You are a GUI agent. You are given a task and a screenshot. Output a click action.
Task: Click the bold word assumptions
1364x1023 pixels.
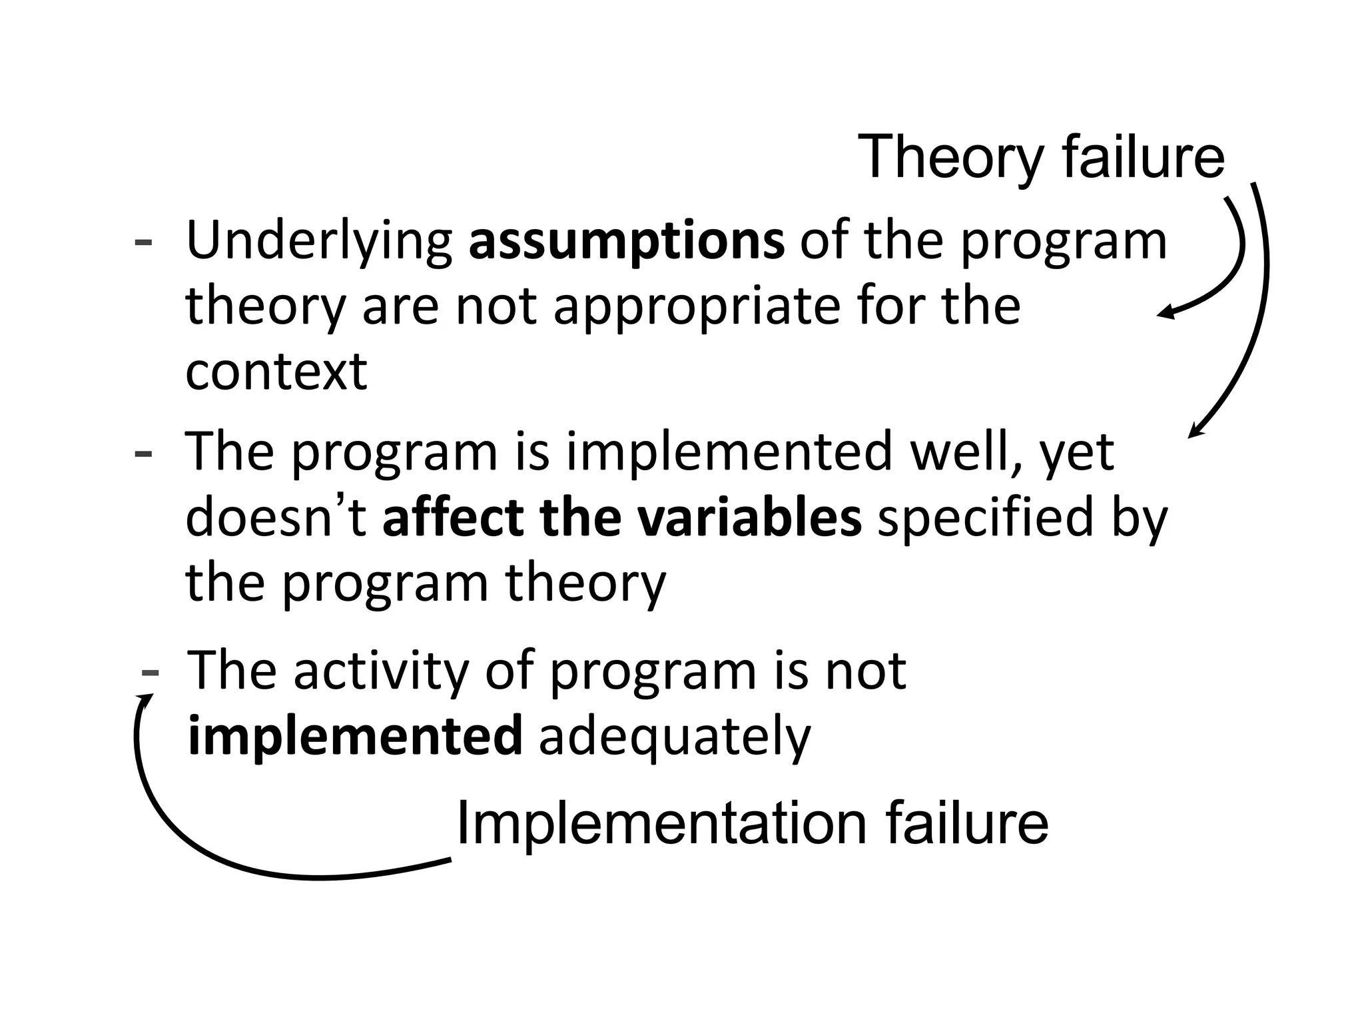click(x=626, y=242)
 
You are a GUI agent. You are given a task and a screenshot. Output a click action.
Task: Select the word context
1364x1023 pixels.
click(x=276, y=371)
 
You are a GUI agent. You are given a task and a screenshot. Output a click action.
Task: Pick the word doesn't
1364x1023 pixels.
click(x=275, y=518)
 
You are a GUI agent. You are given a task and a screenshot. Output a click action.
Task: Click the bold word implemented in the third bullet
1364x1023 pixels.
click(x=355, y=737)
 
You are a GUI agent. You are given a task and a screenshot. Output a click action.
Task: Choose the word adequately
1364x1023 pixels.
click(x=674, y=738)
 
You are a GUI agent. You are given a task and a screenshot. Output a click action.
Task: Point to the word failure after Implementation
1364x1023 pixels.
click(x=966, y=824)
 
